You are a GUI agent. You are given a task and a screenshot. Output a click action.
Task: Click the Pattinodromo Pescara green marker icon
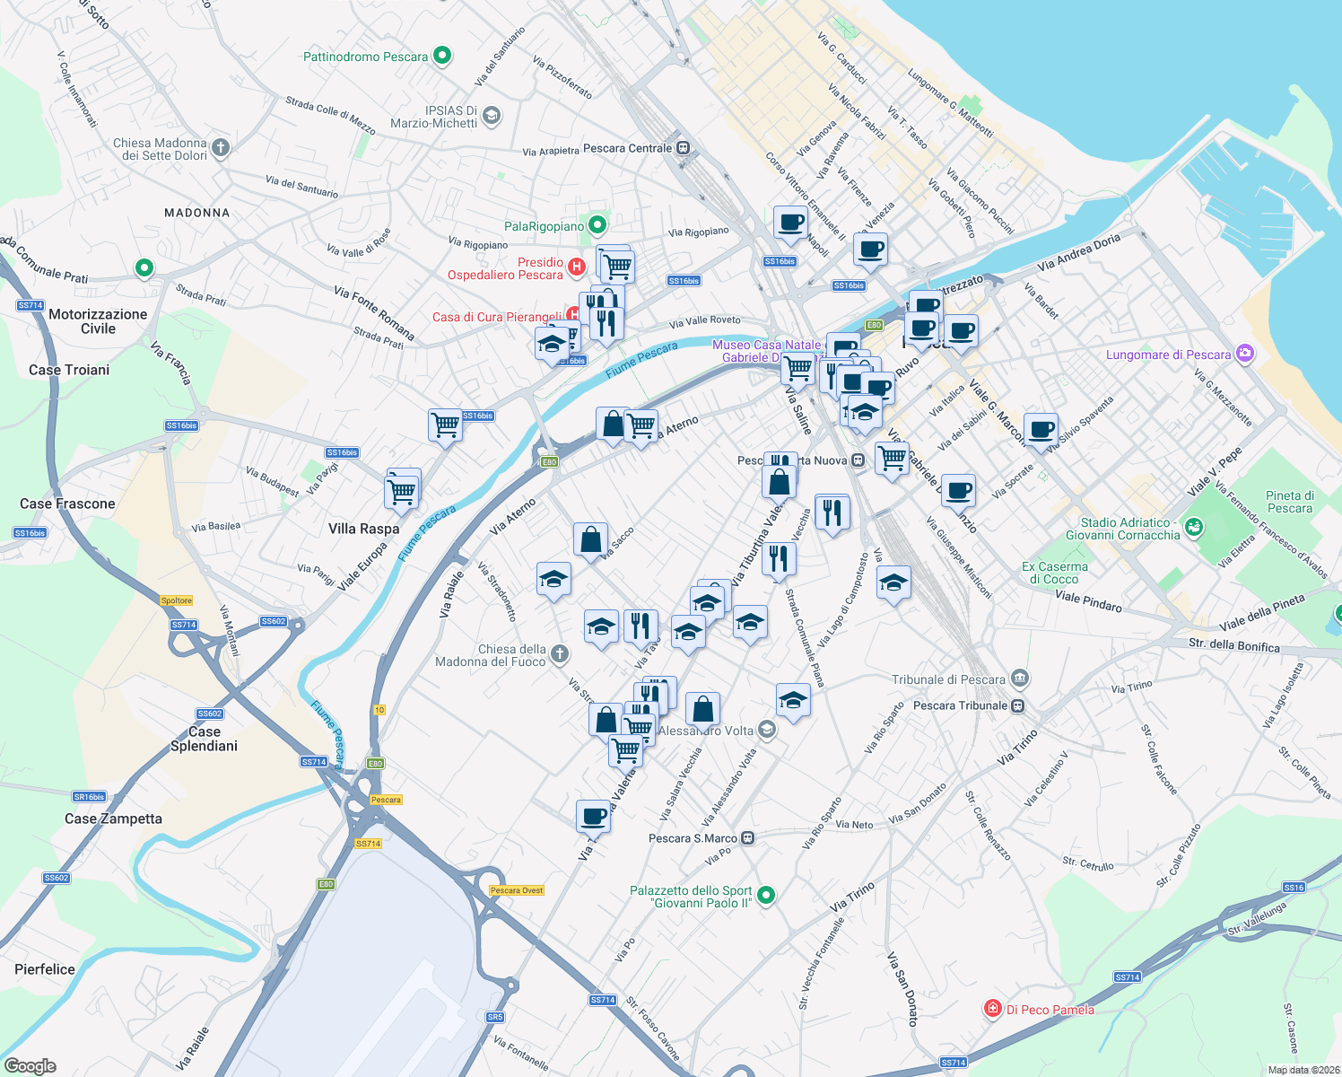441,56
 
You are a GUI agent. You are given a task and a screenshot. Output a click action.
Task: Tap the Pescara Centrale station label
627,148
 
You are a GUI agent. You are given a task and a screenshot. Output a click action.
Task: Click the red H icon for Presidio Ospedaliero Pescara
577,267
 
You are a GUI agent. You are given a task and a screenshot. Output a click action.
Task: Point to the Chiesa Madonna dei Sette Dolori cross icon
221,146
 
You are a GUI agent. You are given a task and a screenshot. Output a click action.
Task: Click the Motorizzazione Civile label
98,321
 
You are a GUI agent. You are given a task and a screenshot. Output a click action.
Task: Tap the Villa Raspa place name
363,529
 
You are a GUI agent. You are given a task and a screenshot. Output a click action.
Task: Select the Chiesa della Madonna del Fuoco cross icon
560,653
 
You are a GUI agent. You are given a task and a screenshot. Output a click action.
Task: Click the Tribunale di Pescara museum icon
1019,679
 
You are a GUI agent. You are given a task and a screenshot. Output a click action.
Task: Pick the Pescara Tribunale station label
961,705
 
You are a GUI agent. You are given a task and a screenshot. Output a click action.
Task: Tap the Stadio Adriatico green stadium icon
1193,527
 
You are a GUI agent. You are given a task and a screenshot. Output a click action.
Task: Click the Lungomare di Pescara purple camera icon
1244,354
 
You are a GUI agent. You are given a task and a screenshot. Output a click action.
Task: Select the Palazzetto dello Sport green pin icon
765,895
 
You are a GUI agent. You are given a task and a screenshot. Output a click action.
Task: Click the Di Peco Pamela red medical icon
992,1009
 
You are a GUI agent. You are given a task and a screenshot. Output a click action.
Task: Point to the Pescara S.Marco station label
693,838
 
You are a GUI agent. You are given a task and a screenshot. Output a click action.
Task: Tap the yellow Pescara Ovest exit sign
517,890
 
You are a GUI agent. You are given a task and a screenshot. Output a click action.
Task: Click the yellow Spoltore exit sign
177,600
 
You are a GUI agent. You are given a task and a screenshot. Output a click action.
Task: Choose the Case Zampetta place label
113,819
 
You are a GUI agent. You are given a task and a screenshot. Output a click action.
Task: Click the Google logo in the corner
30,1065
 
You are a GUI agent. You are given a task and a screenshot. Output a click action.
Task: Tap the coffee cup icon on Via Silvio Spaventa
1041,430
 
